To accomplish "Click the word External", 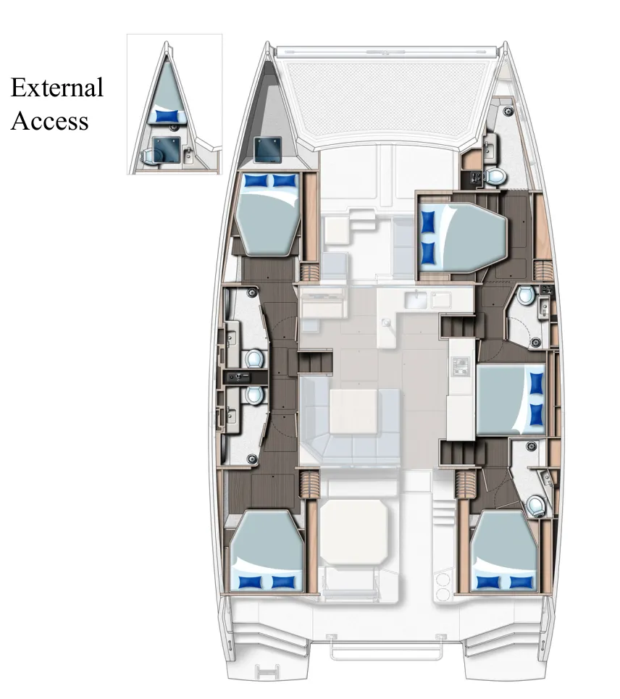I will [x=56, y=88].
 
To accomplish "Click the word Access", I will [x=49, y=121].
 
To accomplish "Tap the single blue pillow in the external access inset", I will [x=167, y=116].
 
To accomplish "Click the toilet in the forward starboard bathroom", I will [x=496, y=176].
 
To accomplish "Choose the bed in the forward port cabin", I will [x=268, y=214].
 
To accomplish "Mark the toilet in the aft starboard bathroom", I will [x=536, y=506].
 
